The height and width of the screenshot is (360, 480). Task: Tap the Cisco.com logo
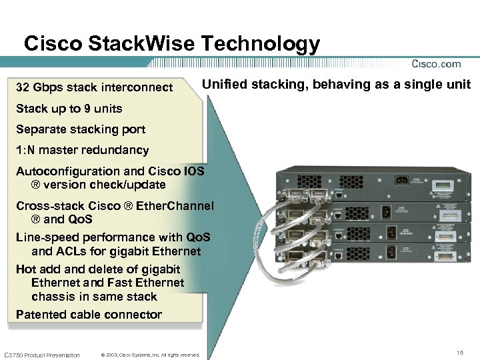[436, 64]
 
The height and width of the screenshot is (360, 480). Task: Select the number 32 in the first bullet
[23, 87]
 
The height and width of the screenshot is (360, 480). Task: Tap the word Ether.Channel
[175, 206]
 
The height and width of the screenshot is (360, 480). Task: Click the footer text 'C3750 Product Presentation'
[41, 355]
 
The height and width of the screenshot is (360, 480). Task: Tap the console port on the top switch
[340, 196]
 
